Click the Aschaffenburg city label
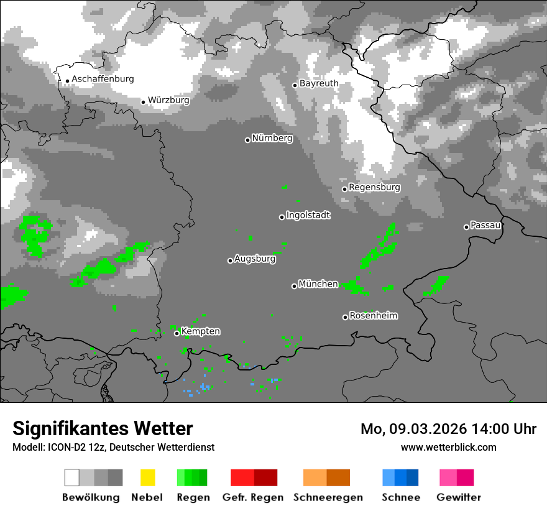click(103, 79)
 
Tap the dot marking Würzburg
click(143, 102)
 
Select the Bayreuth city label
click(319, 83)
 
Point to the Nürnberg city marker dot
click(247, 140)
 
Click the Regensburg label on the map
click(374, 187)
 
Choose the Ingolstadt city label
click(308, 215)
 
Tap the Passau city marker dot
click(466, 227)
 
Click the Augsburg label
click(255, 259)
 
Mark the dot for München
click(294, 286)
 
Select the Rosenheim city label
click(373, 316)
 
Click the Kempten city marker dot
click(177, 333)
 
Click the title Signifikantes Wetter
click(103, 429)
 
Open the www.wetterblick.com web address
click(449, 447)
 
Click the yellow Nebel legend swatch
click(147, 477)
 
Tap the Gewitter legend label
click(459, 497)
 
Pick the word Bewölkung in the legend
click(91, 497)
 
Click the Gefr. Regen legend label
click(253, 497)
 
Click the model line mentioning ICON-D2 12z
click(113, 447)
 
